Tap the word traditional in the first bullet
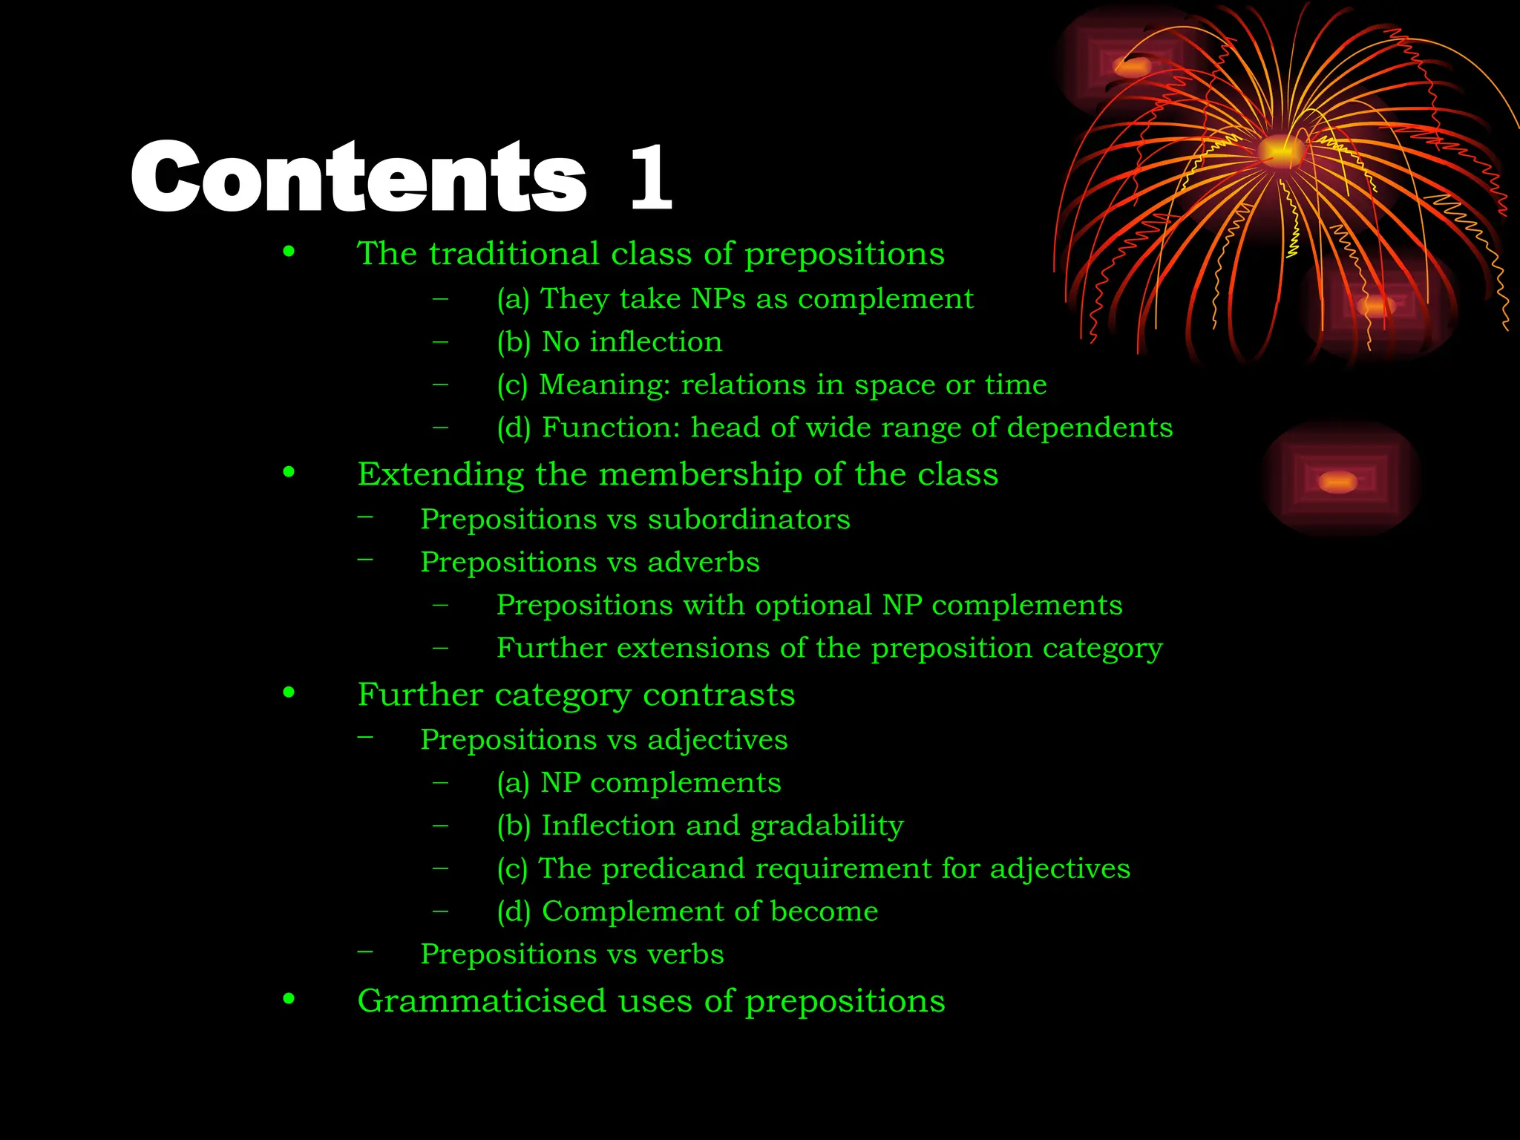(x=514, y=254)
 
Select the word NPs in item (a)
(x=718, y=299)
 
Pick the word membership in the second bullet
(x=700, y=475)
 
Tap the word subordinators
(x=749, y=520)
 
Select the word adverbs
(x=704, y=563)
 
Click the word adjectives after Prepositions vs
(x=717, y=740)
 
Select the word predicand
(x=672, y=869)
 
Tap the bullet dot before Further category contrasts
(x=289, y=693)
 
